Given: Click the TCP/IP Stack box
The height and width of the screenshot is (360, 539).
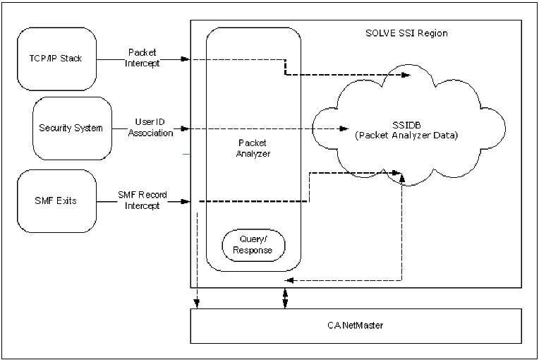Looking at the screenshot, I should pyautogui.click(x=56, y=59).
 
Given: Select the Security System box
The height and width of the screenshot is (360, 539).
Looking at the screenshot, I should pyautogui.click(x=72, y=128).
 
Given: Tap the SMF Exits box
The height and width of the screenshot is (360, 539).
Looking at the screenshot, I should pyautogui.click(x=56, y=200).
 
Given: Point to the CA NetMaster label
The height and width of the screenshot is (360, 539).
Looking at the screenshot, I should pyautogui.click(x=355, y=325).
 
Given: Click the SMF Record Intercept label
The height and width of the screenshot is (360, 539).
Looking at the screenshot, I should pyautogui.click(x=143, y=200).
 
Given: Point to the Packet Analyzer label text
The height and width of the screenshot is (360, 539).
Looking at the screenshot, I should pyautogui.click(x=253, y=148).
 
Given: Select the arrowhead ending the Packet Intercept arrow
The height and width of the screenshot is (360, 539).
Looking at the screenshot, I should pyautogui.click(x=186, y=59).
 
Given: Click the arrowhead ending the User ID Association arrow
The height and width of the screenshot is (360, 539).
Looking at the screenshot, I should pyautogui.click(x=186, y=128).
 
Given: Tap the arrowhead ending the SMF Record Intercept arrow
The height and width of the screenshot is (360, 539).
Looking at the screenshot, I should pyautogui.click(x=186, y=202).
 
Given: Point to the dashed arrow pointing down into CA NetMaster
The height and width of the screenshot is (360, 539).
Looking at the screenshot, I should pyautogui.click(x=198, y=304).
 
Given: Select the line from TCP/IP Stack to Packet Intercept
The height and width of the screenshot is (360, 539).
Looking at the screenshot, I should pyautogui.click(x=111, y=59).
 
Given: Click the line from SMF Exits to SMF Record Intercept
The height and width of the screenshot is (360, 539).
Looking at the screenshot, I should pyautogui.click(x=107, y=201).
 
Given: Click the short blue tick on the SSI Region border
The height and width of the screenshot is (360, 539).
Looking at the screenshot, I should pyautogui.click(x=187, y=154).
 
